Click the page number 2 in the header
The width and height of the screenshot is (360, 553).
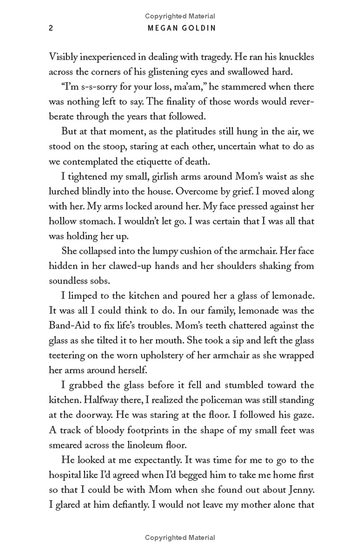click(x=51, y=28)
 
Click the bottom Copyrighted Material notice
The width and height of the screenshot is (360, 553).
click(x=180, y=538)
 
